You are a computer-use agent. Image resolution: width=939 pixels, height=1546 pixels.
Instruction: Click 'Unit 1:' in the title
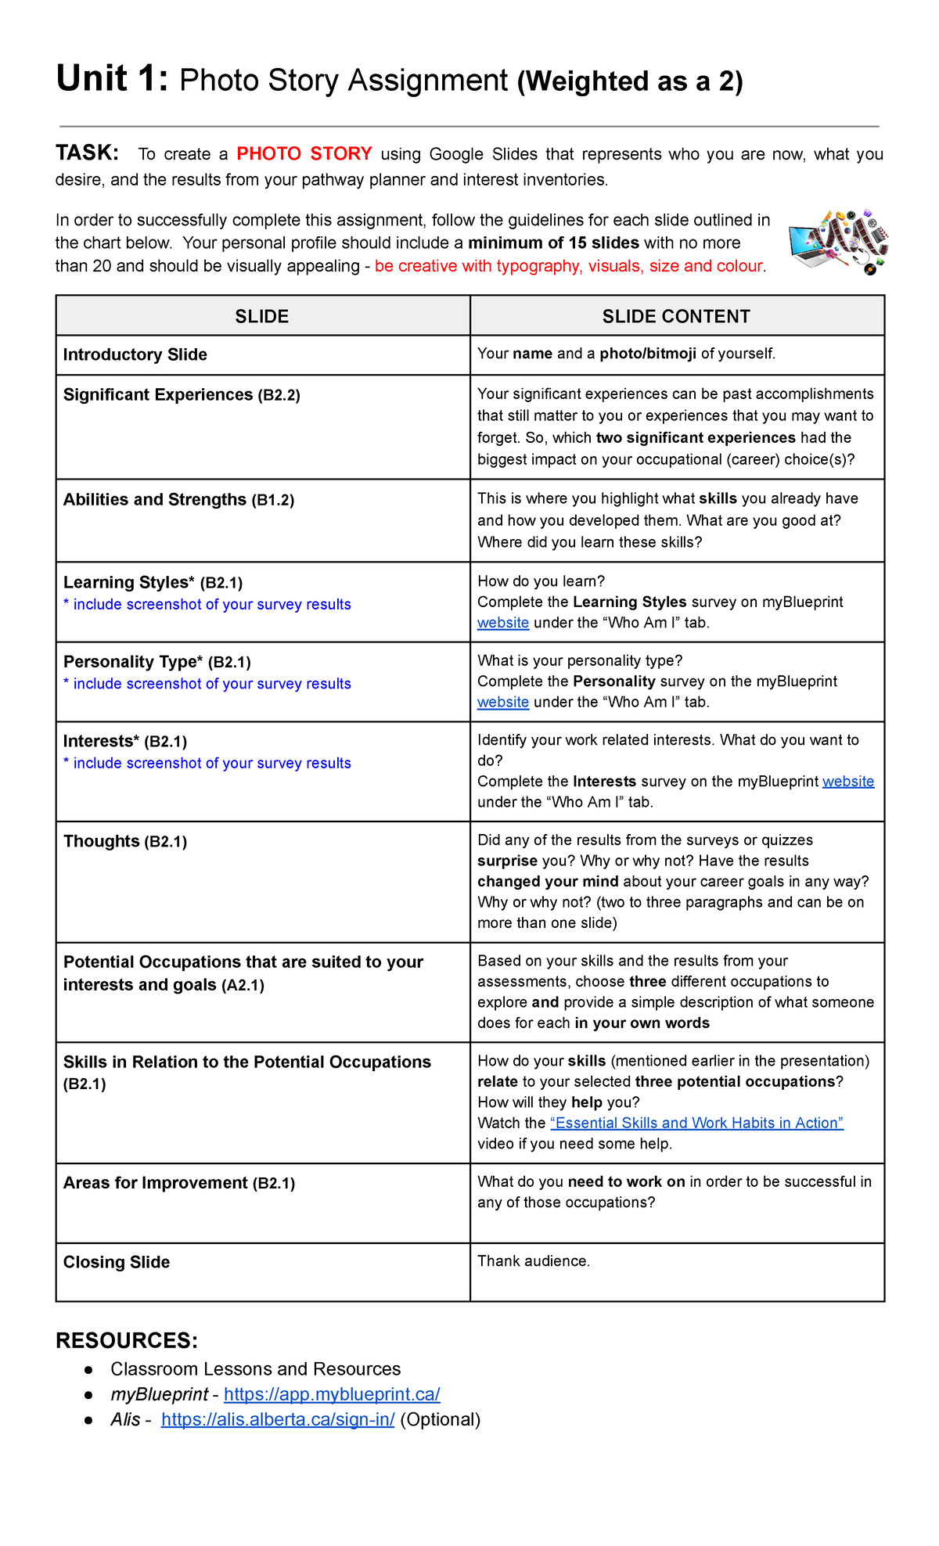(112, 79)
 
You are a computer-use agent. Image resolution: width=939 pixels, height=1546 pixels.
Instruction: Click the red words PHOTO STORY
(304, 153)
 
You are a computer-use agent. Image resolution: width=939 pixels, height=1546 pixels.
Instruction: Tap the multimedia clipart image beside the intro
(838, 241)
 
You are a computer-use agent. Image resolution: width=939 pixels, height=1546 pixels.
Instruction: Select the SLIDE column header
(262, 316)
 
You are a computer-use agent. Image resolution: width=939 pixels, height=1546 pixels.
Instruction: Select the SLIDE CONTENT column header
(676, 316)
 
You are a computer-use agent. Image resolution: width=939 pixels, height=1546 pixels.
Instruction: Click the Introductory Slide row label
(135, 354)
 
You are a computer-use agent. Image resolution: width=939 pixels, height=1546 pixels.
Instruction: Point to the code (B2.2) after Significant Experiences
(279, 395)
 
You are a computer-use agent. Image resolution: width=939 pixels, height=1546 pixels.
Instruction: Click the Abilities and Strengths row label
(154, 499)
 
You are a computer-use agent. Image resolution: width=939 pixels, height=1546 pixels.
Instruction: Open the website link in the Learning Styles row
(503, 623)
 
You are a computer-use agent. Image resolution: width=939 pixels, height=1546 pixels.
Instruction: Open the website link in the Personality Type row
(503, 702)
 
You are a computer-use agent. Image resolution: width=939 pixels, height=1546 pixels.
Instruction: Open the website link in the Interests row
(848, 781)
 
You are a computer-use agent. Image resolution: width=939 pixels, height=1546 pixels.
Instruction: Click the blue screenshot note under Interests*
(207, 763)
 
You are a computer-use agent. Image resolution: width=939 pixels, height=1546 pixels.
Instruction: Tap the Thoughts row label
(101, 841)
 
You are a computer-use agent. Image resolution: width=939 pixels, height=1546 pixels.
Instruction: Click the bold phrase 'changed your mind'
(548, 881)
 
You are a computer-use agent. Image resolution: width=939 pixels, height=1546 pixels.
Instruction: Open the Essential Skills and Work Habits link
(696, 1123)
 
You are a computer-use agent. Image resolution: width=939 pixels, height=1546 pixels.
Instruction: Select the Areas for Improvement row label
(155, 1182)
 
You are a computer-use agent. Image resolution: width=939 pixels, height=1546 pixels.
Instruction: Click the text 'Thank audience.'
(534, 1260)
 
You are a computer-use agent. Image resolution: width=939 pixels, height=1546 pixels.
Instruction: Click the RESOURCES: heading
(127, 1340)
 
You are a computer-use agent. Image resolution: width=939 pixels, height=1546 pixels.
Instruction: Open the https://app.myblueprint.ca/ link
(332, 1394)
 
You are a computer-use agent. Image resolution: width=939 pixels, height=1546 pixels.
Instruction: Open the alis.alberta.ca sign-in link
(278, 1419)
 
